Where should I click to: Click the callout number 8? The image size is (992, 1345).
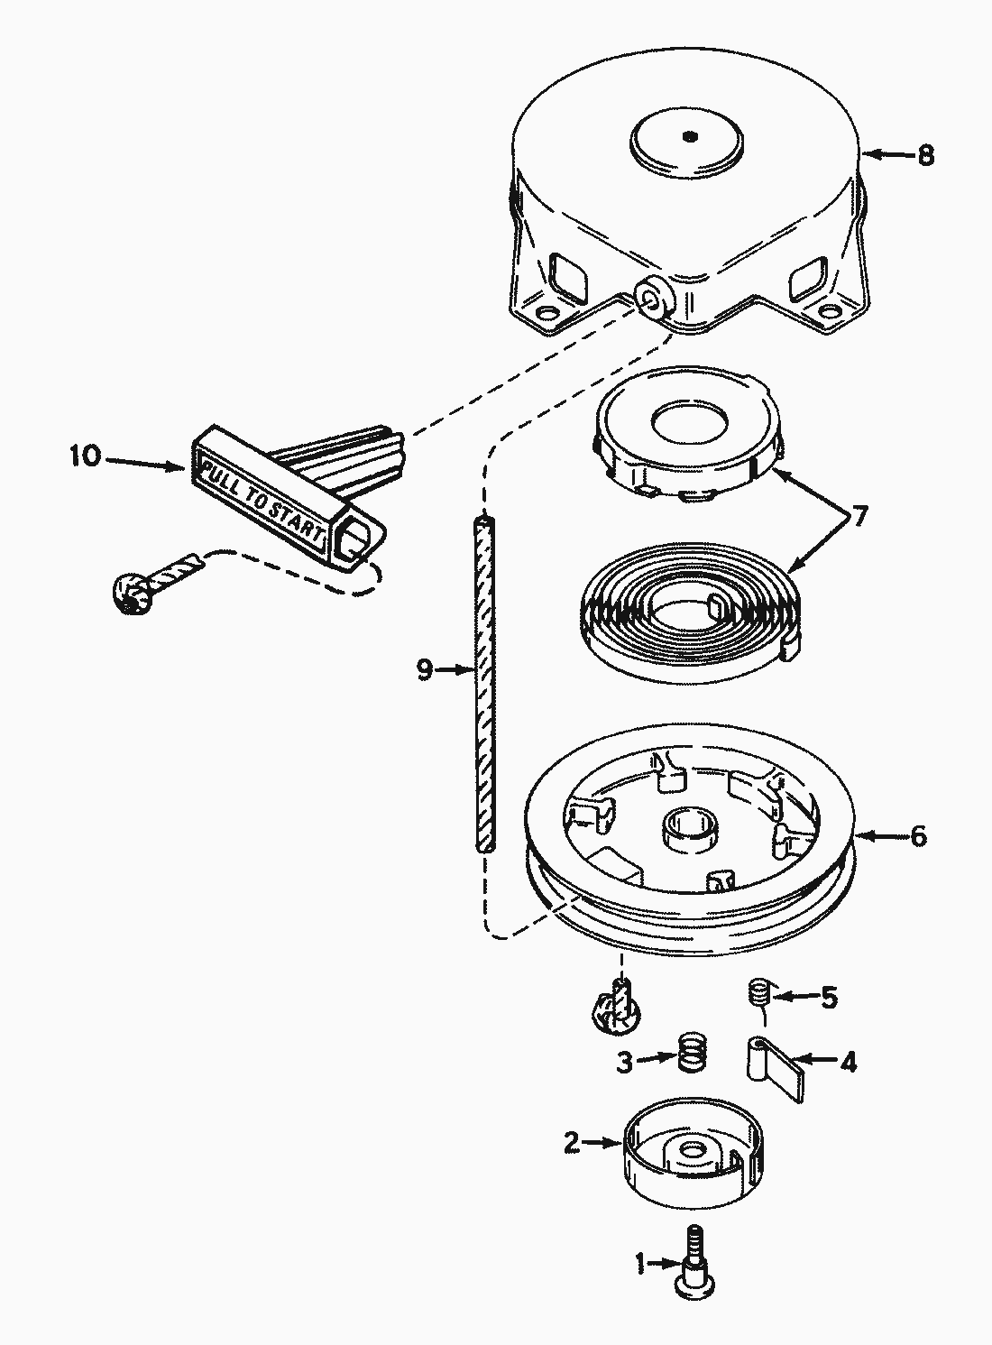tap(925, 155)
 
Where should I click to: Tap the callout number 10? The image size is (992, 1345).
tap(86, 456)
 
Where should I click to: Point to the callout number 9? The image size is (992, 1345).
tap(426, 669)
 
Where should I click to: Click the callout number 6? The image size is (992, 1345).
tap(918, 836)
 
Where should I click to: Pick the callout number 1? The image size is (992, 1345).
tap(640, 1265)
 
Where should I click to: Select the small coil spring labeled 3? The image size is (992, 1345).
tap(690, 1052)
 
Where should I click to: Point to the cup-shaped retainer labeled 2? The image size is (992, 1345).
tap(687, 1157)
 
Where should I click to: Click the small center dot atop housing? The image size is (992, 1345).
tap(690, 137)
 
